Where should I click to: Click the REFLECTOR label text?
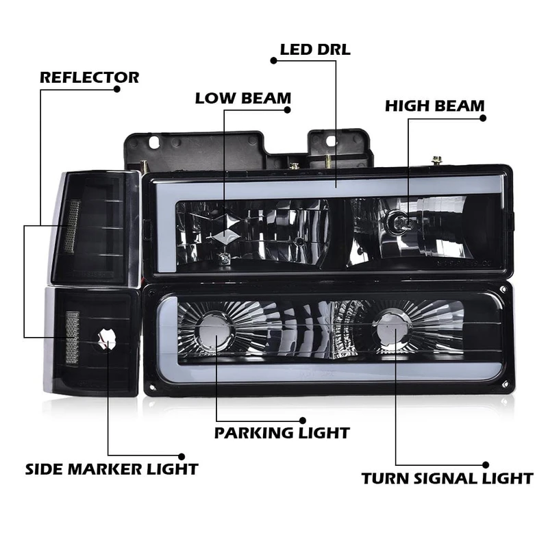tap(89, 77)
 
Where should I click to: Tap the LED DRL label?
tap(315, 49)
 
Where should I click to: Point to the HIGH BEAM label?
tap(434, 106)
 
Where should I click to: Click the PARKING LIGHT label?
tap(282, 433)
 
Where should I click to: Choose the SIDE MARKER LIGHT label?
tap(112, 469)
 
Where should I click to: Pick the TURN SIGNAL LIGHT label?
tap(447, 478)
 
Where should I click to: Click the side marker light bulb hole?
tap(107, 340)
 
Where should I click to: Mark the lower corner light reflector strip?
tap(72, 338)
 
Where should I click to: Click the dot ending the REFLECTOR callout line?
tap(116, 88)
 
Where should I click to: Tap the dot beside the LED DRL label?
tap(274, 60)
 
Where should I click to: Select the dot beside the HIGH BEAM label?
tap(483, 118)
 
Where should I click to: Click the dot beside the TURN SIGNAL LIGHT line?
tap(486, 464)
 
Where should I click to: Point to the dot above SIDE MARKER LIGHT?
tap(182, 456)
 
